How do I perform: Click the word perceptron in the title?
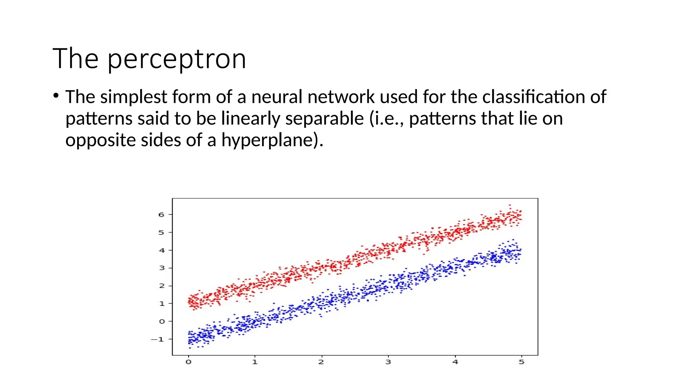tap(177, 59)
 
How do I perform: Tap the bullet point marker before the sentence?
tap(56, 96)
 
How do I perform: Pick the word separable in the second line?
tap(324, 119)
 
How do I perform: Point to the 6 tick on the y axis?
tap(161, 214)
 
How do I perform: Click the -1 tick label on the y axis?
tap(157, 339)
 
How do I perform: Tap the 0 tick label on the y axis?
tap(162, 321)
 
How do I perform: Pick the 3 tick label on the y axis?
tap(162, 268)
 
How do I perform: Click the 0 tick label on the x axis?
tap(189, 362)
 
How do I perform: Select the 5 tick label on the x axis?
tap(521, 362)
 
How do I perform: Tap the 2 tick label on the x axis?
tap(321, 362)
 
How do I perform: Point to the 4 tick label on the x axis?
tap(455, 362)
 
